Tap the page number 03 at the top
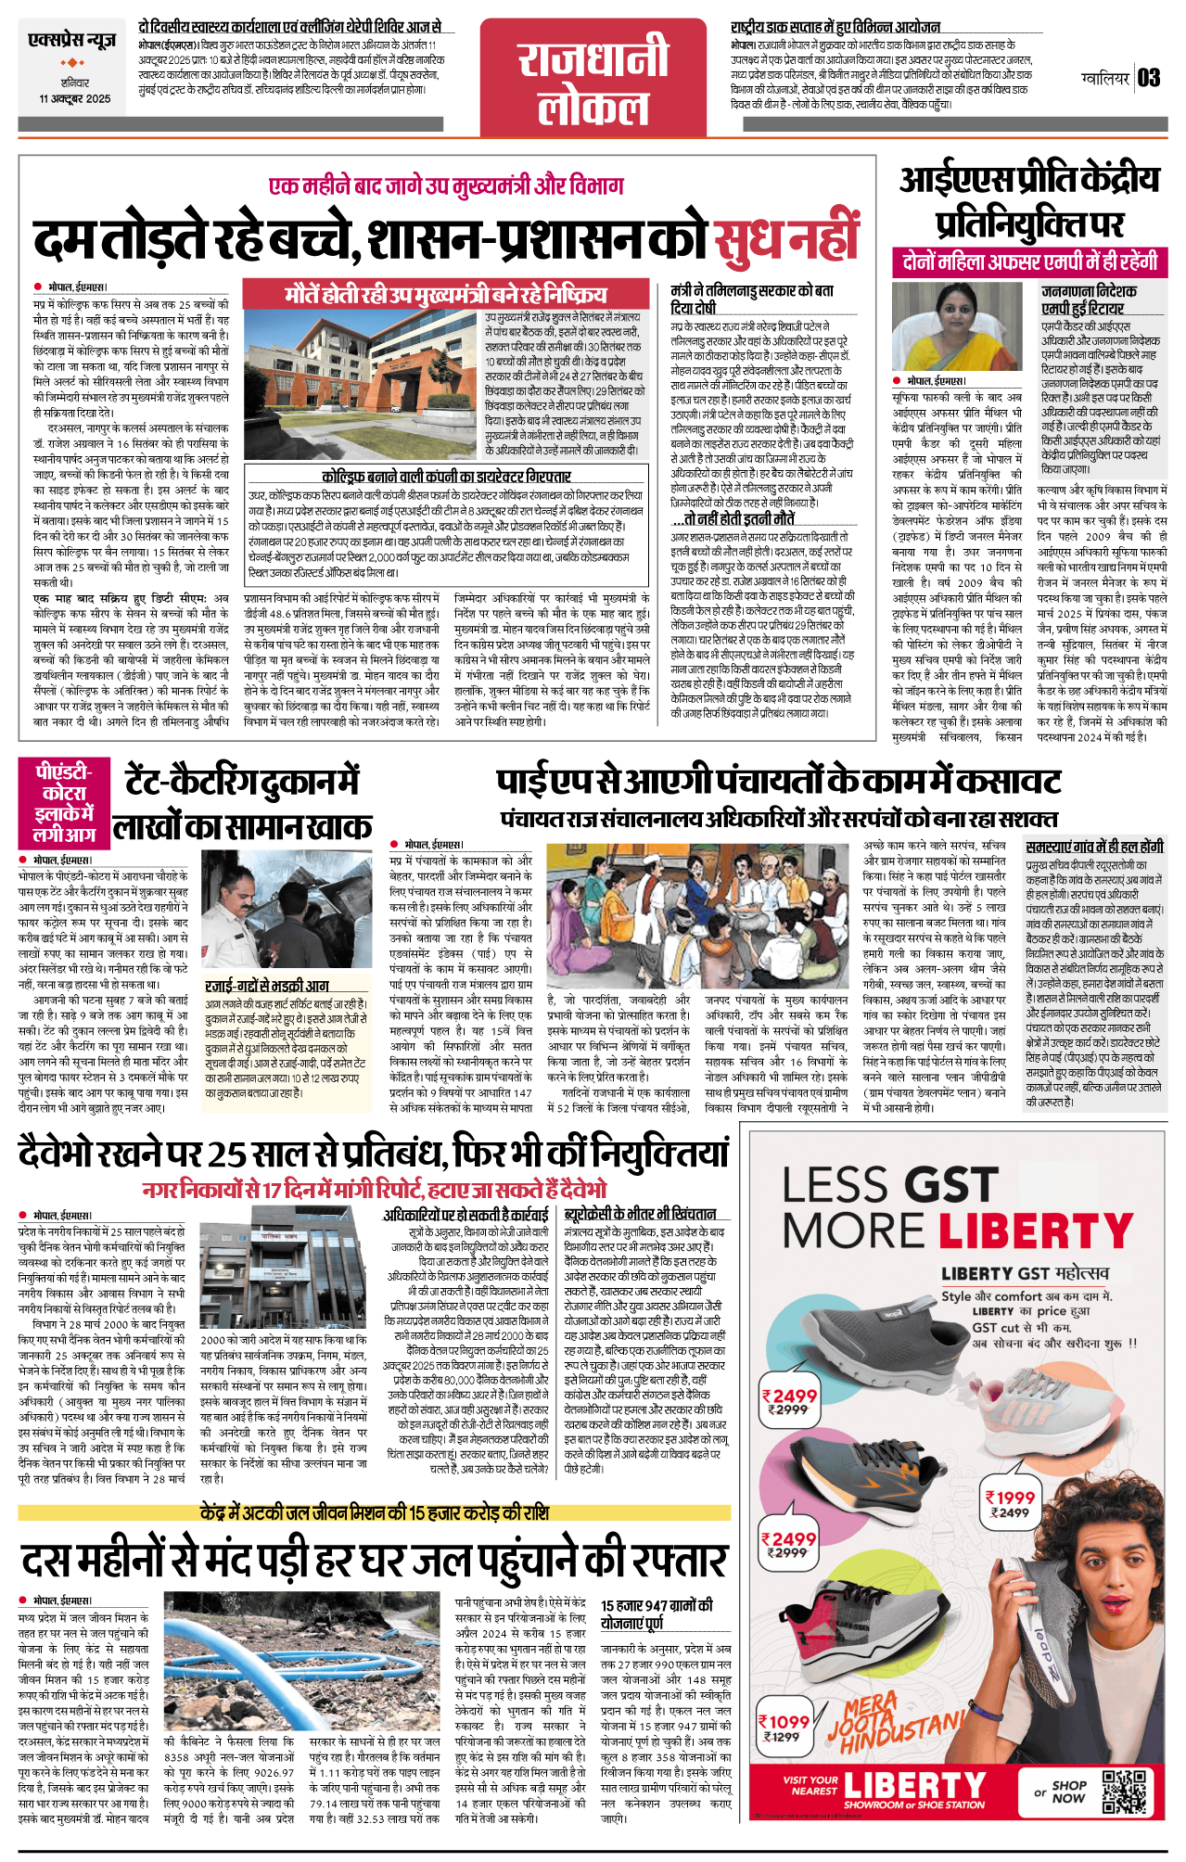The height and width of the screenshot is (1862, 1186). click(1149, 78)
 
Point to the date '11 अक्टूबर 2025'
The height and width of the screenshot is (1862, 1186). click(74, 99)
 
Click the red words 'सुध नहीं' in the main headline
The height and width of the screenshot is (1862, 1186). click(786, 239)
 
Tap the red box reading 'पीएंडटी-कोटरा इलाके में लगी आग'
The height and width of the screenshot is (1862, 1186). click(64, 802)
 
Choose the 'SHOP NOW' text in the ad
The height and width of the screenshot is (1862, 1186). click(1068, 1792)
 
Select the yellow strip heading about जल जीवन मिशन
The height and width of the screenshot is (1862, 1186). click(374, 1513)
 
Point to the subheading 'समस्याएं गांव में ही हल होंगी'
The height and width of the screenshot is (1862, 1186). click(1094, 847)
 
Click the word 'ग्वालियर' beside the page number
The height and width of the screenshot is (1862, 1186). click(1105, 79)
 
